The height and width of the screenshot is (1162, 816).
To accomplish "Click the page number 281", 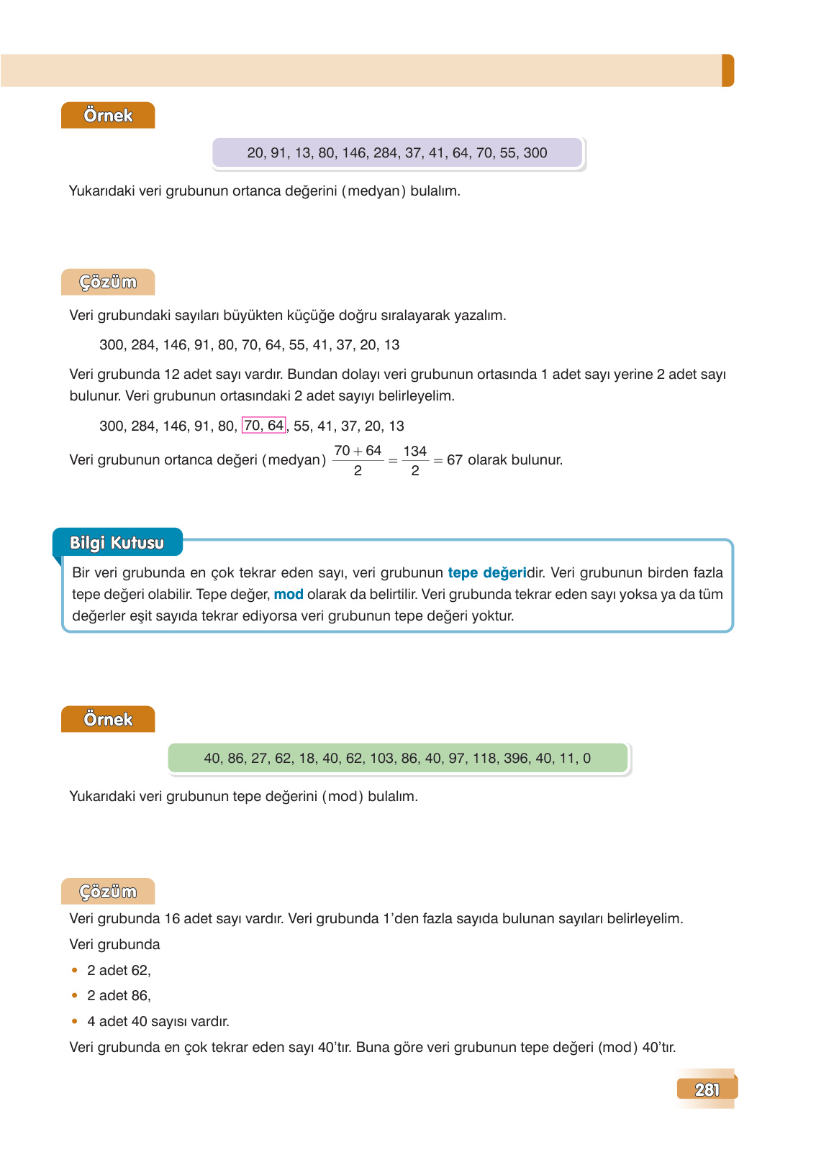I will (x=707, y=1089).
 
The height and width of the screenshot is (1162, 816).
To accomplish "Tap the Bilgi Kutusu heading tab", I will (x=117, y=543).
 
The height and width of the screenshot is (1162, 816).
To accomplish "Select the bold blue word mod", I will (x=289, y=595).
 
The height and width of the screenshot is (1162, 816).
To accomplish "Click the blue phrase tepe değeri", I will (x=487, y=573).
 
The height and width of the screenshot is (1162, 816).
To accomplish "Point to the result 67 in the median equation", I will (x=454, y=460).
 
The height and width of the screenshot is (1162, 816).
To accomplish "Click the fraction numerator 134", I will (x=415, y=451).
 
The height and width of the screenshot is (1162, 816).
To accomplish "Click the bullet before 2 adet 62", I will (x=75, y=971).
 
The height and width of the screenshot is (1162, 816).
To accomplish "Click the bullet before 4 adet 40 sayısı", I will (x=75, y=1022).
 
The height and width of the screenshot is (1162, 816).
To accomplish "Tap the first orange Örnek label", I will (x=108, y=116).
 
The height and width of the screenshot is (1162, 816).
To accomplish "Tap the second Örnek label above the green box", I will (x=108, y=720).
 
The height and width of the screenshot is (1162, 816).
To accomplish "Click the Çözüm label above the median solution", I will (x=108, y=283).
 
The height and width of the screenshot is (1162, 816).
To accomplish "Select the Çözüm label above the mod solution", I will (x=108, y=892).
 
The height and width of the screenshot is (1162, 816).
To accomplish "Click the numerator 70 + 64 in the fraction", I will (x=358, y=451).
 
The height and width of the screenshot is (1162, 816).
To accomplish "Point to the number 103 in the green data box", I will (x=381, y=759).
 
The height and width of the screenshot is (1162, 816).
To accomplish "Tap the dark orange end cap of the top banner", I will (x=727, y=70).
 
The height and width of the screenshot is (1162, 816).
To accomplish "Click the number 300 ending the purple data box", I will (x=535, y=153).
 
